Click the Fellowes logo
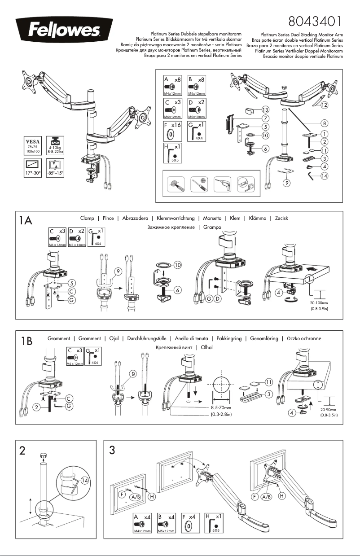(x=58, y=31)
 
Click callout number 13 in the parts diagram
(x=266, y=109)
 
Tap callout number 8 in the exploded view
(x=324, y=122)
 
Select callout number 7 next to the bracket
(x=266, y=118)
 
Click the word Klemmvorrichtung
(x=177, y=218)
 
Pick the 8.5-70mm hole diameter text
(x=221, y=408)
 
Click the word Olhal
(x=206, y=347)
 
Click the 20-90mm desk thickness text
(x=329, y=410)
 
